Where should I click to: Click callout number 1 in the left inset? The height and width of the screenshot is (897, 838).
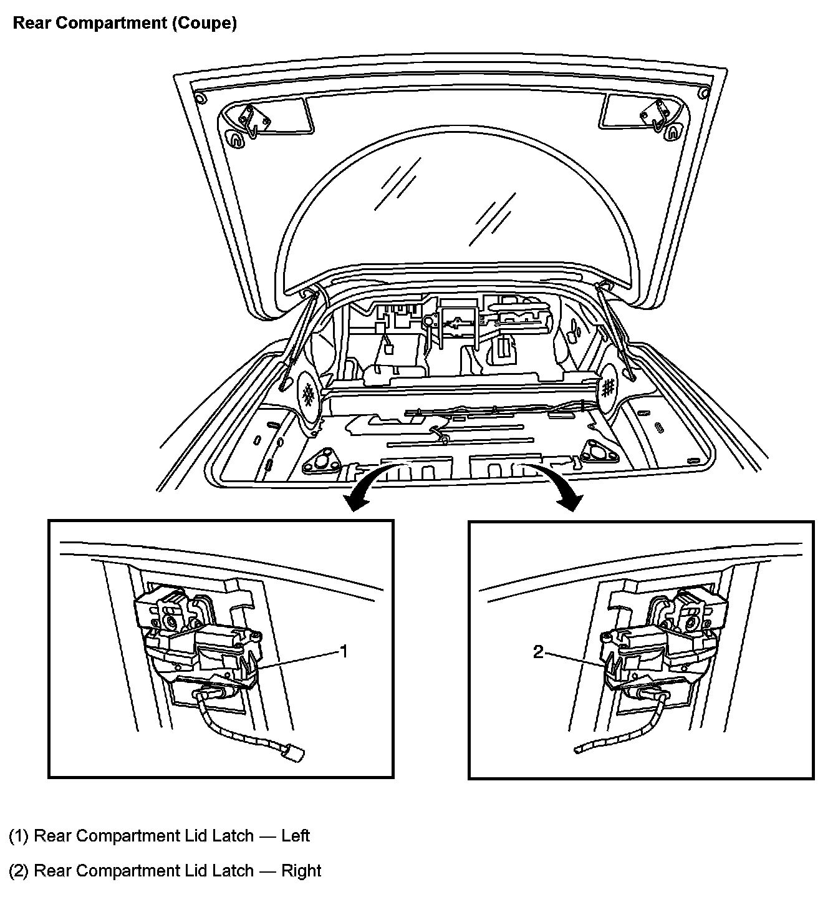pyautogui.click(x=342, y=651)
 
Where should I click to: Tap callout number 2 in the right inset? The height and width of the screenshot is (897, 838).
pyautogui.click(x=538, y=652)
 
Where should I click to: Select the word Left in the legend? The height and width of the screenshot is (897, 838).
pyautogui.click(x=295, y=835)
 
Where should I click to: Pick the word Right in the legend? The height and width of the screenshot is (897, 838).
pyautogui.click(x=301, y=870)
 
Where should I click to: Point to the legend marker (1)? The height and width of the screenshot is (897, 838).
pyautogui.click(x=19, y=835)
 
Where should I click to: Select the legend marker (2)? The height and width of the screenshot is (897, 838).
pyautogui.click(x=19, y=870)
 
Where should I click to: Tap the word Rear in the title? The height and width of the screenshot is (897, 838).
pyautogui.click(x=31, y=24)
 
